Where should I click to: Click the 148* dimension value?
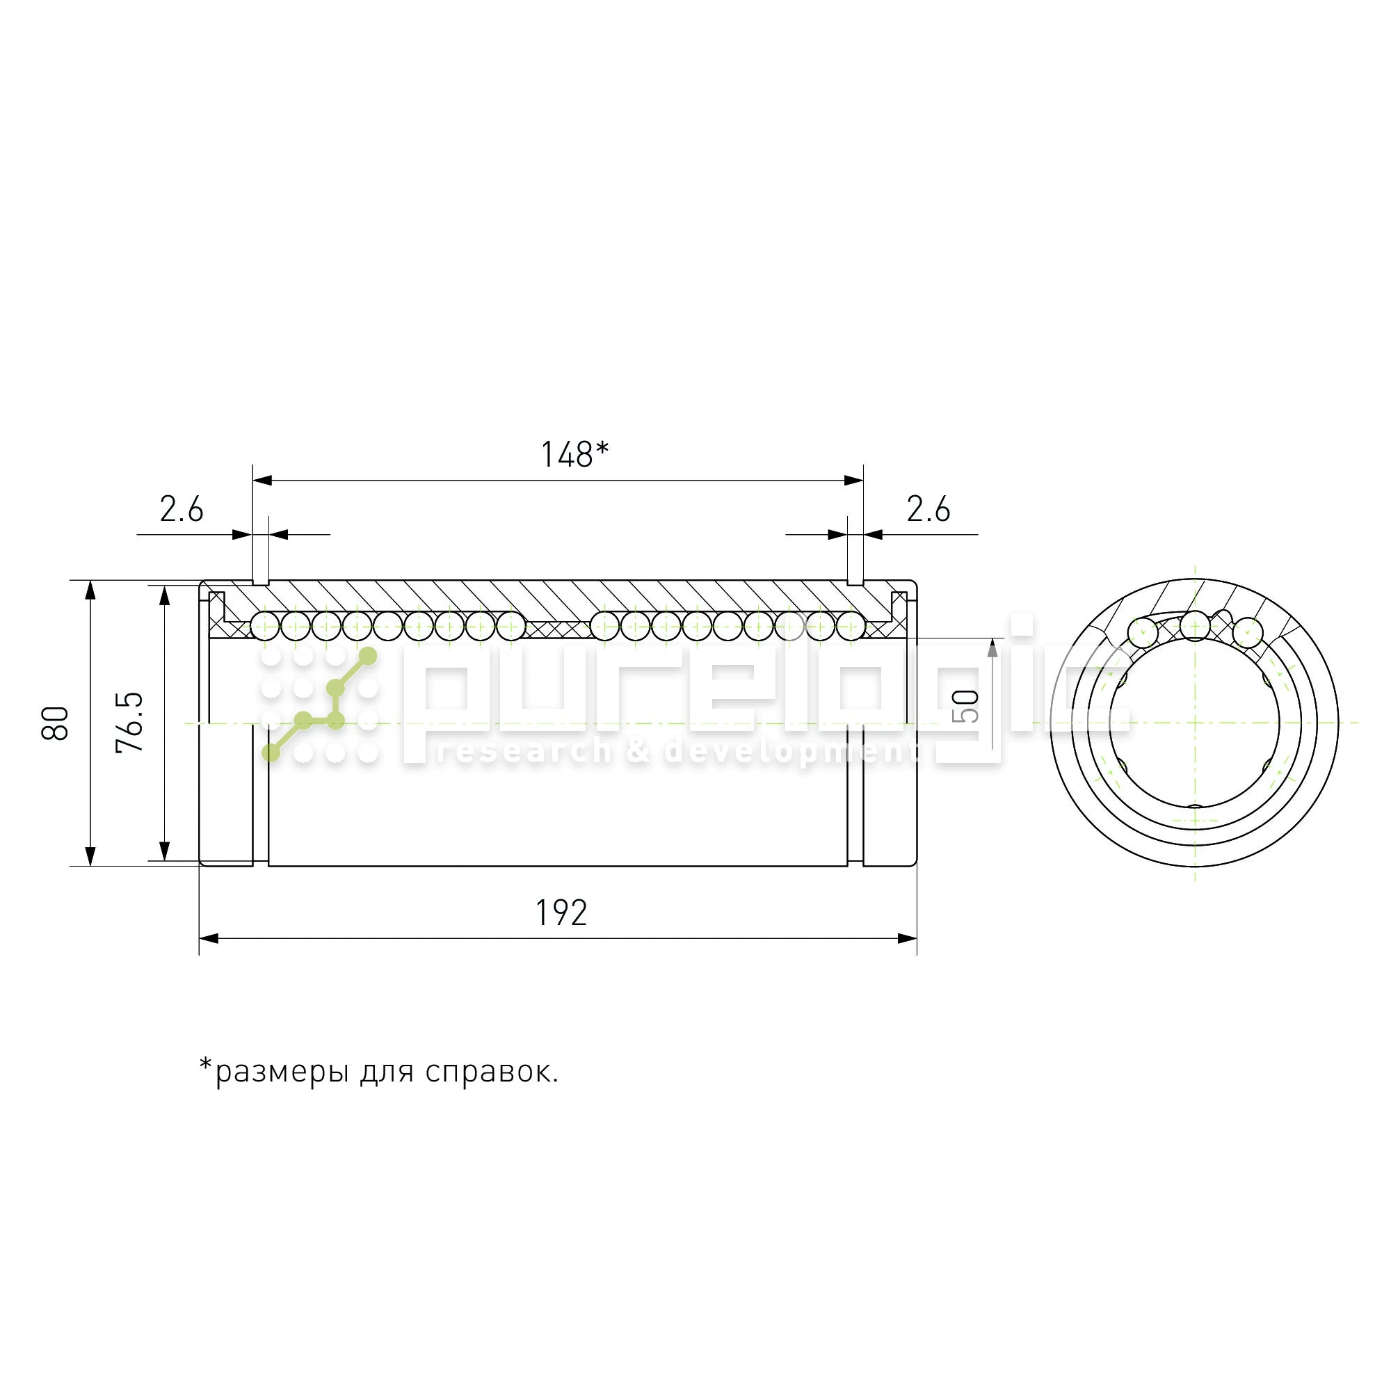pos(574,455)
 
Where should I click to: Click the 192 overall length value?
pos(561,913)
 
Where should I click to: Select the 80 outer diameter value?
pos(56,723)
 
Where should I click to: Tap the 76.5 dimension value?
pos(129,722)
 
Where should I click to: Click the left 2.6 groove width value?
pos(182,510)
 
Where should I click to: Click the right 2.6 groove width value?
pos(928,510)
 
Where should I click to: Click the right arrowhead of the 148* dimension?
pos(854,480)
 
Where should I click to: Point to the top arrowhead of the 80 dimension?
pos(90,590)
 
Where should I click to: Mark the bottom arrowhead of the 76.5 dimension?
pos(165,851)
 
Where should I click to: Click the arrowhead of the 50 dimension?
pos(992,648)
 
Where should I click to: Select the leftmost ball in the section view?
pos(265,626)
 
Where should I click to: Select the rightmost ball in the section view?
pos(851,626)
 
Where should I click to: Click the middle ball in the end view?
pos(1195,625)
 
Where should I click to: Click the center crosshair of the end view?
pos(1195,722)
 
